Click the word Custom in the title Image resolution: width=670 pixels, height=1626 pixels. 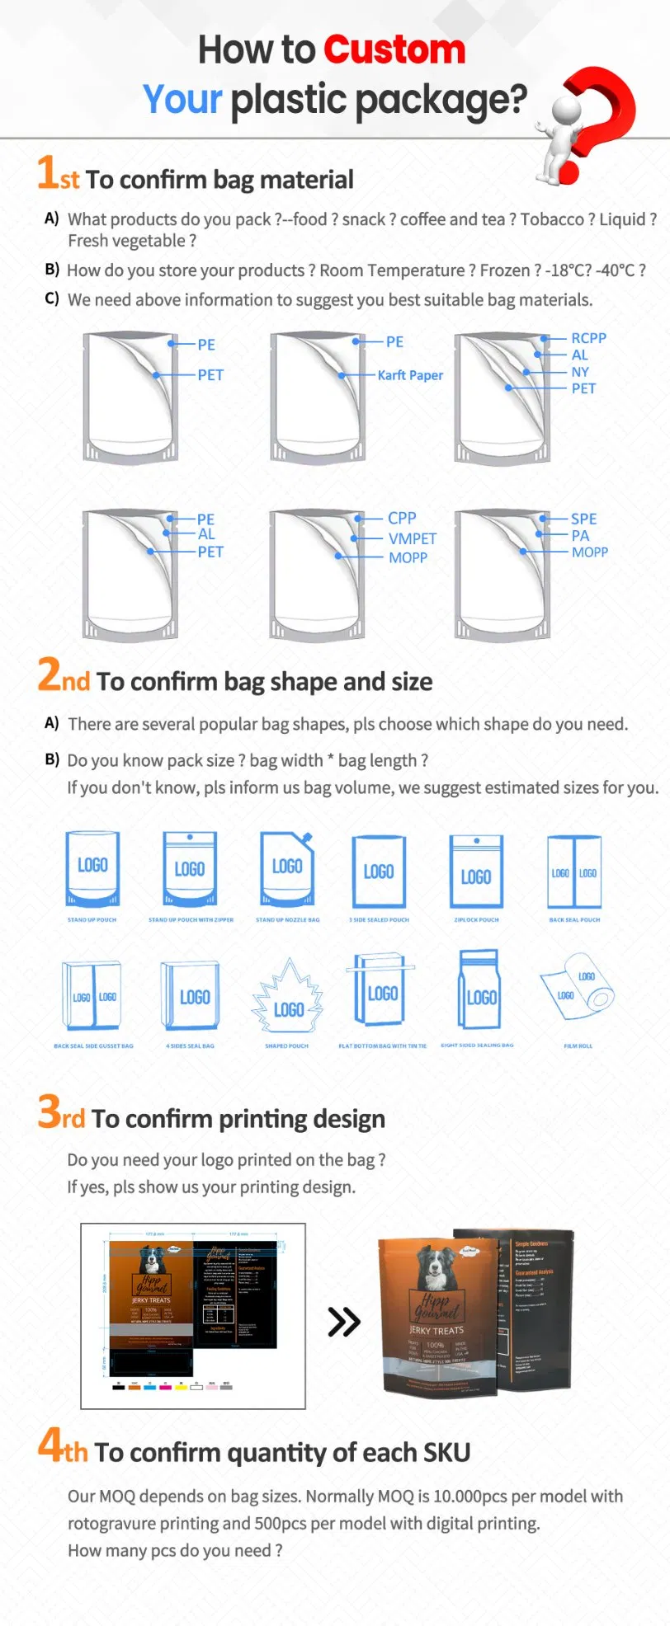click(x=394, y=50)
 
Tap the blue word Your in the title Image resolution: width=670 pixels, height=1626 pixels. click(x=182, y=100)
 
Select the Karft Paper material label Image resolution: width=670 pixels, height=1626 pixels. click(x=410, y=375)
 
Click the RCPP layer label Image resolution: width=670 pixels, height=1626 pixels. click(x=588, y=338)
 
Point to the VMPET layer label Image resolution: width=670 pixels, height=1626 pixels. click(x=413, y=538)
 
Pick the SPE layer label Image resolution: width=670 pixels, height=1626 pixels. click(x=583, y=519)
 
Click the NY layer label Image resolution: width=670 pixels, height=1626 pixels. click(x=580, y=372)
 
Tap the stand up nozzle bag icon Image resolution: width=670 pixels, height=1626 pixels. click(x=287, y=869)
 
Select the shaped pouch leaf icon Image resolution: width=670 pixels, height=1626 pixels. click(x=287, y=997)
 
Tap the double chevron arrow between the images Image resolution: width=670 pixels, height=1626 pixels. click(x=344, y=1322)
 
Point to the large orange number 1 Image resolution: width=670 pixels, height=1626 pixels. click(x=46, y=172)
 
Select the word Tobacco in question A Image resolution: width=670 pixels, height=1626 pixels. click(x=552, y=219)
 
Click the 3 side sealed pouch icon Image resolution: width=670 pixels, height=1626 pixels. click(x=379, y=872)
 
